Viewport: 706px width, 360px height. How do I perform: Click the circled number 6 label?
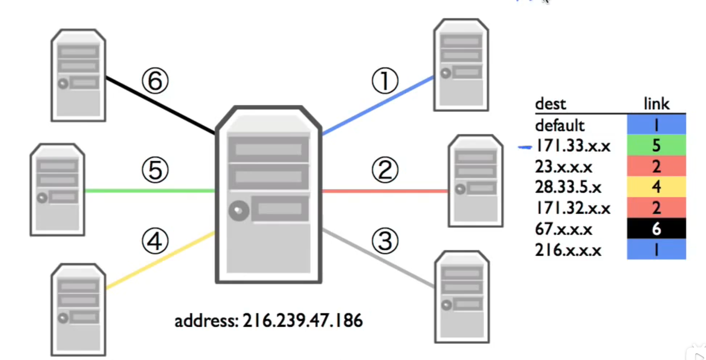click(x=155, y=81)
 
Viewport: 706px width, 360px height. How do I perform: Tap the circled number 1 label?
click(x=384, y=81)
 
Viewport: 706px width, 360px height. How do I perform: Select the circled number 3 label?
click(x=385, y=241)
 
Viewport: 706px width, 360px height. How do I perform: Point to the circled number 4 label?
click(x=155, y=241)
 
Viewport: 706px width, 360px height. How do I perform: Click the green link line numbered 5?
click(x=150, y=191)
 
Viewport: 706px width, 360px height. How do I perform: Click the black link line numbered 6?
click(x=160, y=105)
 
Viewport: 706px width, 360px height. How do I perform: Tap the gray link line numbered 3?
click(x=377, y=259)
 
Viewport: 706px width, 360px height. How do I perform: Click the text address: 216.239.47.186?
click(x=268, y=320)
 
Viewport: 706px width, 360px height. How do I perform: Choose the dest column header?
click(x=550, y=104)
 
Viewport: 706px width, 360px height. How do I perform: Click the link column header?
click(x=656, y=104)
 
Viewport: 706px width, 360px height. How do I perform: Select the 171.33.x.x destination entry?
click(x=573, y=146)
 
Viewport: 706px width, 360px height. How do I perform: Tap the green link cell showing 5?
click(x=656, y=146)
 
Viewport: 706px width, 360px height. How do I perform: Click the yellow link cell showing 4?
click(x=656, y=187)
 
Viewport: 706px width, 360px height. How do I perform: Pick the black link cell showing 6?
click(x=656, y=229)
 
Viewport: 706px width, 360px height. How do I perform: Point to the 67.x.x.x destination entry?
click(x=563, y=229)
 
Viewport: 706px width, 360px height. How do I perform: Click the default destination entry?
click(x=559, y=126)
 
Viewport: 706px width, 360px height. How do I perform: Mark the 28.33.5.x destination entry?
click(x=569, y=187)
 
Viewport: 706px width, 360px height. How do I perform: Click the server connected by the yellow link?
click(x=78, y=309)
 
